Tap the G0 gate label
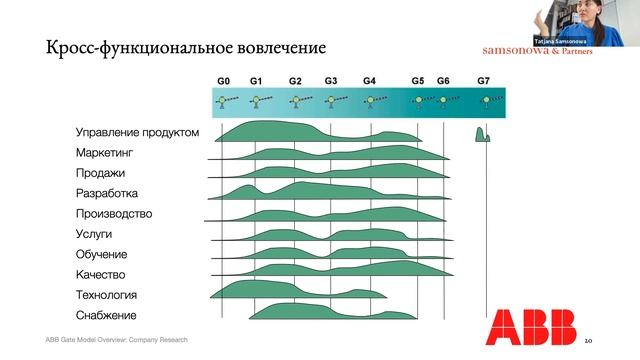(224, 80)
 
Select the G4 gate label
(369, 80)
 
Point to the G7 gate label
(484, 80)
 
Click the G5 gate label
(418, 80)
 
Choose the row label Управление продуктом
(137, 133)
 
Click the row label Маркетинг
(104, 153)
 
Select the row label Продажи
(100, 173)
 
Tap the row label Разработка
(106, 193)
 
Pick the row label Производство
(113, 214)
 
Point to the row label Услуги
(94, 234)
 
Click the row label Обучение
(100, 254)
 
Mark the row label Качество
(100, 274)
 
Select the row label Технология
(106, 295)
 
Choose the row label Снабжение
(106, 315)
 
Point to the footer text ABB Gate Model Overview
(116, 340)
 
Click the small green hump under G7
(482, 134)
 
